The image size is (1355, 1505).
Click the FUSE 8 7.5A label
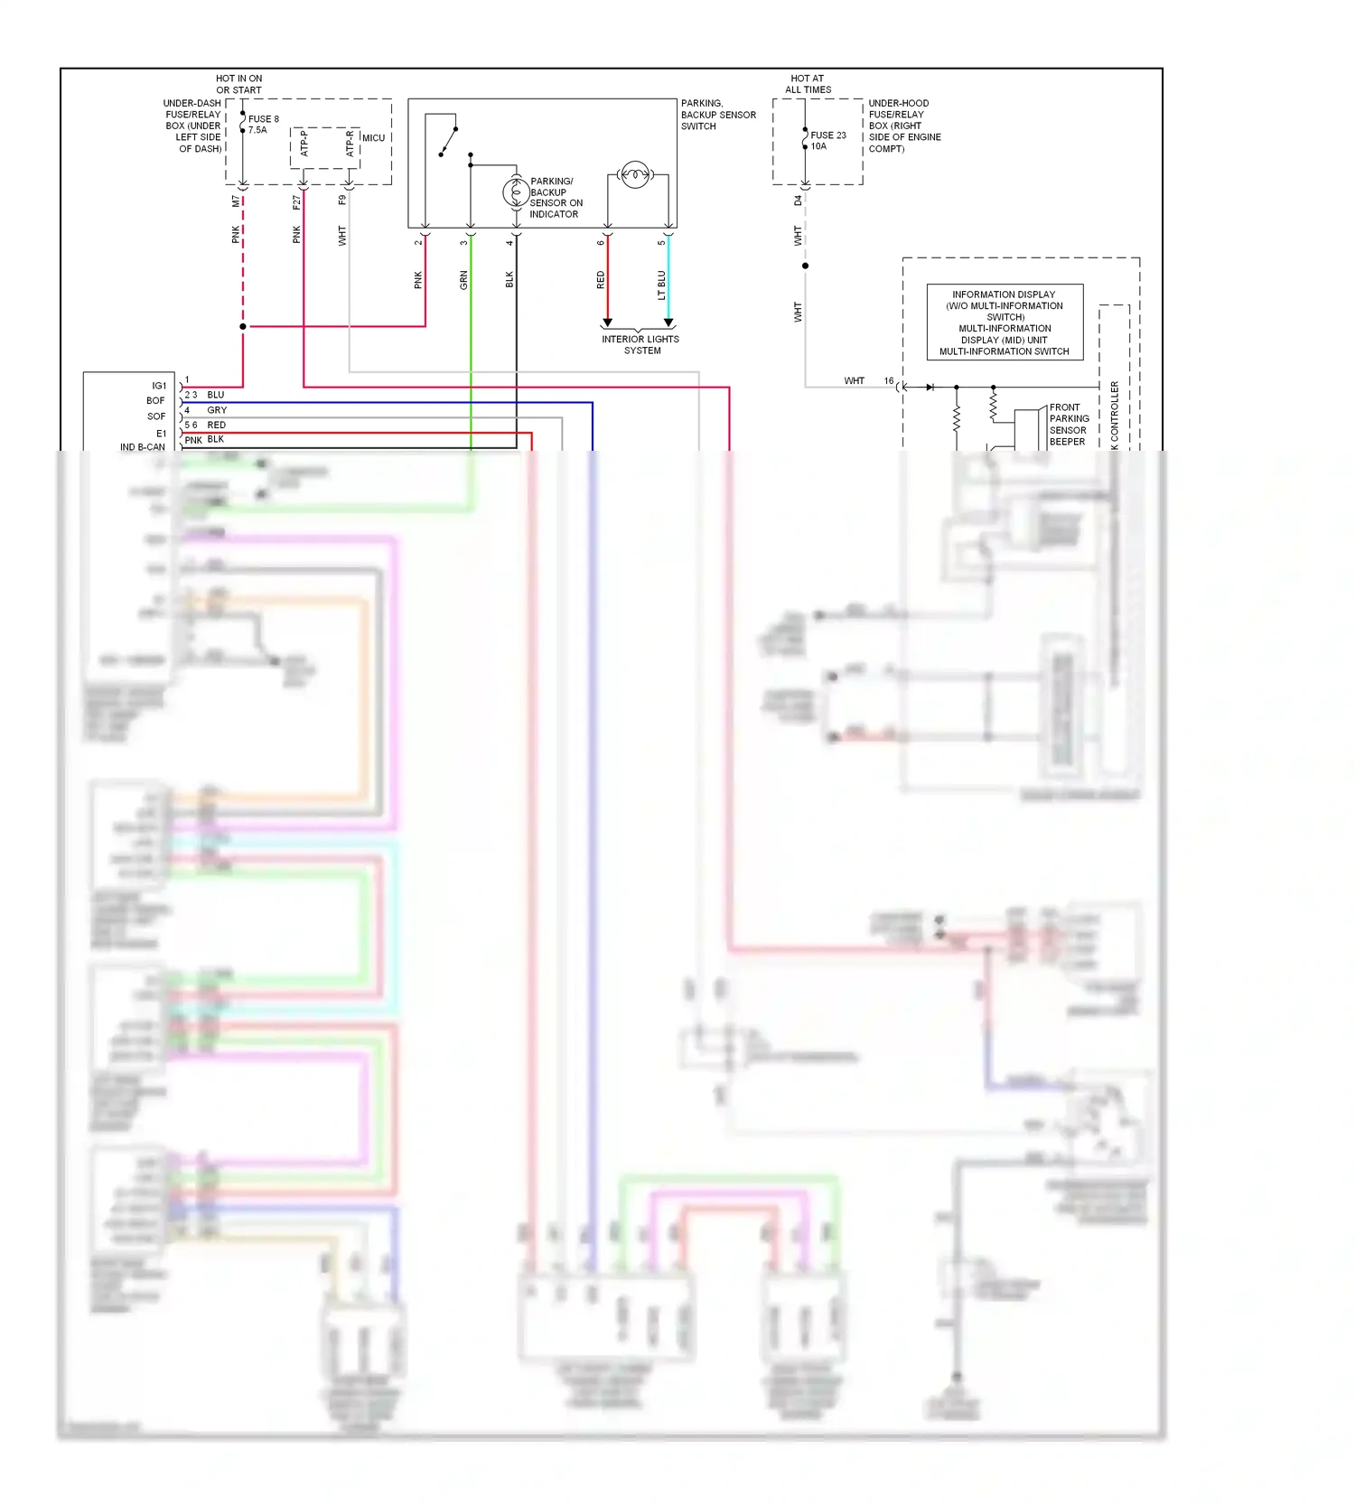click(263, 125)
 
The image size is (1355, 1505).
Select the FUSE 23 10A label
click(827, 140)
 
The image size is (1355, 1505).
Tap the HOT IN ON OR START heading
click(238, 84)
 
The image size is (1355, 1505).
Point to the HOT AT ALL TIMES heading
click(808, 84)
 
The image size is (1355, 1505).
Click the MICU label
click(373, 138)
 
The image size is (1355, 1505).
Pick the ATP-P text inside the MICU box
click(304, 144)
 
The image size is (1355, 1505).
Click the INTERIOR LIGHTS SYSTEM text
click(640, 345)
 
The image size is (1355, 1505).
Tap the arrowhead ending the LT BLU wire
click(668, 322)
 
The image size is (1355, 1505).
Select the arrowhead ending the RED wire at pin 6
click(607, 322)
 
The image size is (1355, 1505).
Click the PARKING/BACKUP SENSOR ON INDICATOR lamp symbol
click(516, 192)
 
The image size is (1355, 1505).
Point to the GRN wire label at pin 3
click(463, 280)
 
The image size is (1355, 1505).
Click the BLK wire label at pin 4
click(509, 280)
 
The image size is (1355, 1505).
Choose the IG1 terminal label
click(159, 386)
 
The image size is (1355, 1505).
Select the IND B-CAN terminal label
click(143, 446)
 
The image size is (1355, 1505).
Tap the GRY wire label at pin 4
click(217, 410)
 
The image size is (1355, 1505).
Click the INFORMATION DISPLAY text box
click(1005, 322)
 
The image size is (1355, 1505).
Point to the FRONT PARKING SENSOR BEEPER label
click(1069, 425)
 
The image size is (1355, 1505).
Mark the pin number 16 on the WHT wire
click(889, 381)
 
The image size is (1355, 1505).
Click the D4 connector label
click(798, 201)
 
